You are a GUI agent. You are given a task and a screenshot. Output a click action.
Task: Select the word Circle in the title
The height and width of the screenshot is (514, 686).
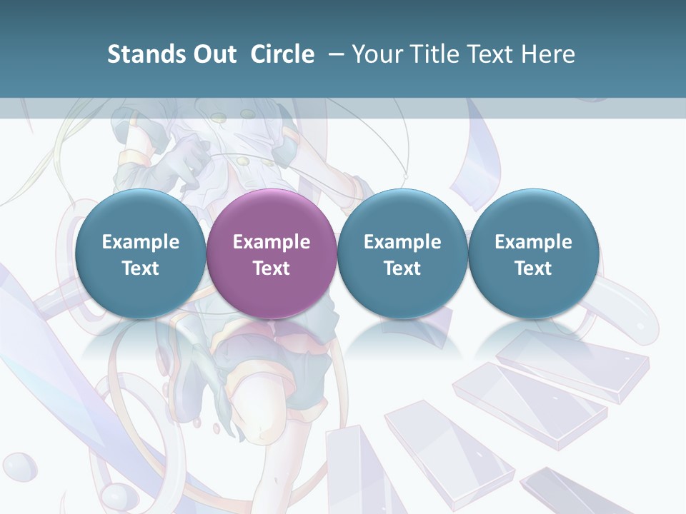coord(282,54)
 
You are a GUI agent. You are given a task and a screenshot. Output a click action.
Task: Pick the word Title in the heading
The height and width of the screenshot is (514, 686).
coord(436,54)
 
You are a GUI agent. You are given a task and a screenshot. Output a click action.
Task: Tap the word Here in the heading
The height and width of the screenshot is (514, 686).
coord(547,54)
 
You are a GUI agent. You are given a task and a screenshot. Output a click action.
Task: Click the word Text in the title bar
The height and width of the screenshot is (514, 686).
coord(492,54)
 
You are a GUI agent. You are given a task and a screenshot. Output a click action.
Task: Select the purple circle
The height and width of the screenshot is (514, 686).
coord(272,253)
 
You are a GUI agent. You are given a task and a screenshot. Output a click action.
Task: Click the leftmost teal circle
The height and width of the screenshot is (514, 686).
coord(140,253)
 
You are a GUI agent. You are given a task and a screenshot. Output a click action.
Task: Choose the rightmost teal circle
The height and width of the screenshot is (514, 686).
coord(533,253)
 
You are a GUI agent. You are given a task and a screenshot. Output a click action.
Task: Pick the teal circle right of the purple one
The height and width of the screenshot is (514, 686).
coord(402,253)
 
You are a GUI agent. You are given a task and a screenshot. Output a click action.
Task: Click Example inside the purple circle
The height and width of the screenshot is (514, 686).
coord(272,242)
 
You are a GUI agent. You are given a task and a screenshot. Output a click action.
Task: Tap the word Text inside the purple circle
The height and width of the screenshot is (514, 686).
coord(272,268)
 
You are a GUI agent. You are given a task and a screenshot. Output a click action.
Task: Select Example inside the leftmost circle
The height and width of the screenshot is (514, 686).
coord(140,242)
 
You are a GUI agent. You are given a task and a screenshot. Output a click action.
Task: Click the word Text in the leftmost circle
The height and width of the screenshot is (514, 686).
coord(140,268)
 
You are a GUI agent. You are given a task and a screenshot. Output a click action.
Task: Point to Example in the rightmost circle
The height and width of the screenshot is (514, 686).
coord(533,242)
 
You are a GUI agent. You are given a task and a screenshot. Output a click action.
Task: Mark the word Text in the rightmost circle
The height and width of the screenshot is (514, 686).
coord(533,268)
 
